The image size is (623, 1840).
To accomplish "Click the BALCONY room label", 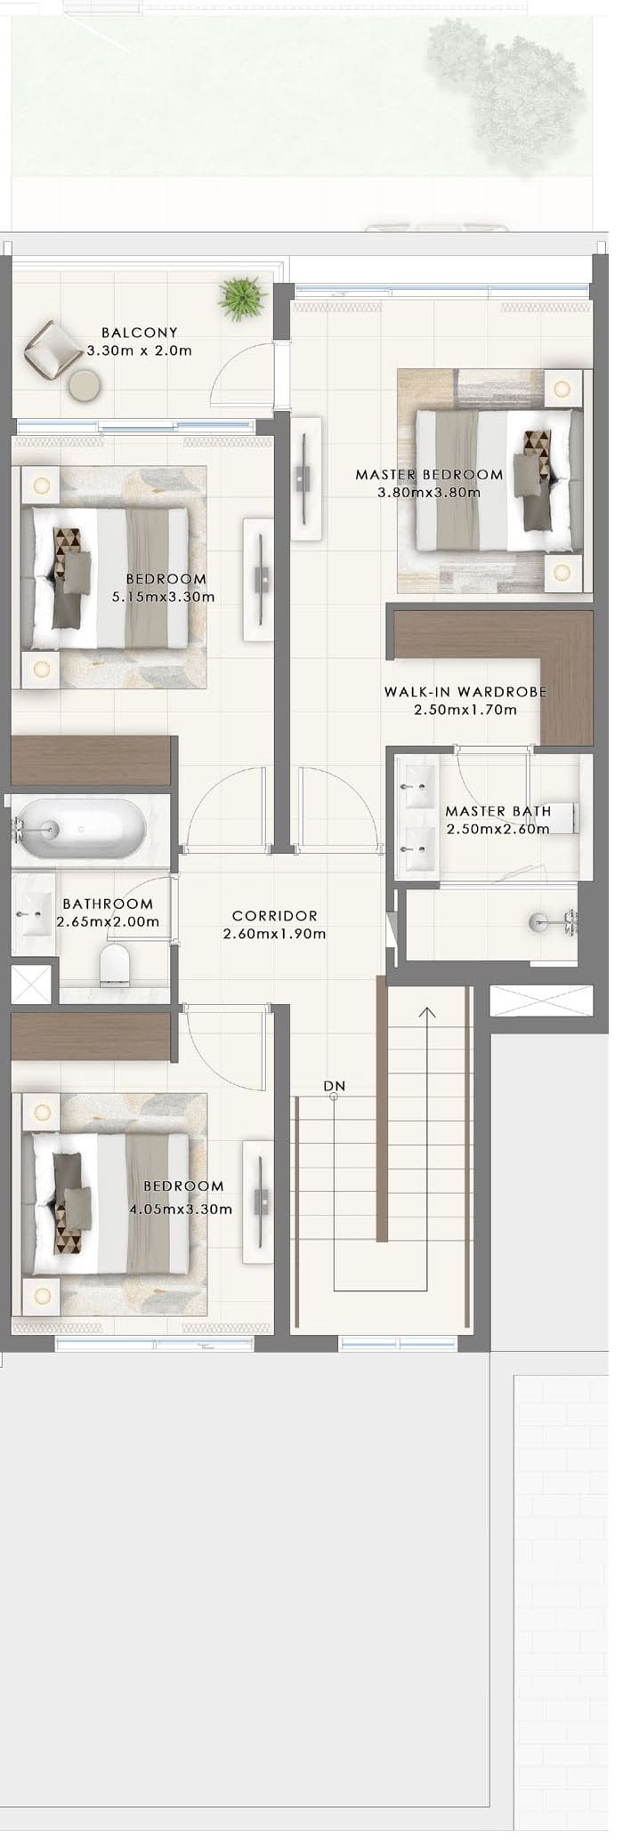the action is pyautogui.click(x=139, y=333).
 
